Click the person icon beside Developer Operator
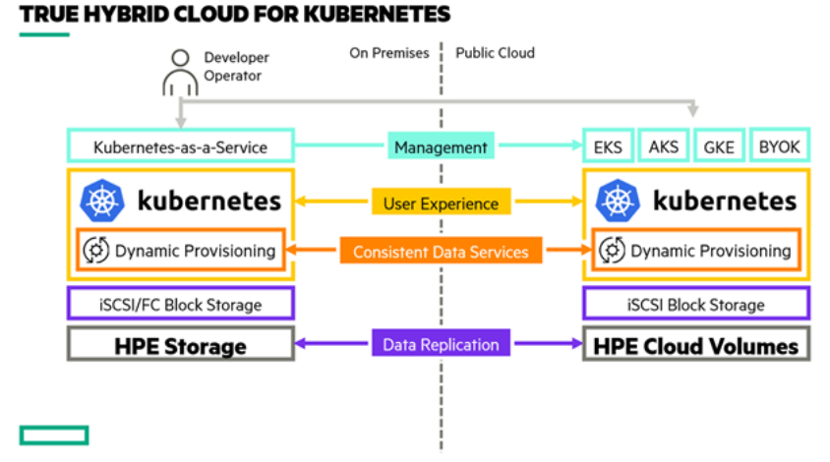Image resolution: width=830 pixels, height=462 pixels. [x=179, y=70]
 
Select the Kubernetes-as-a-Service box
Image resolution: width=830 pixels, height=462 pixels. [x=180, y=147]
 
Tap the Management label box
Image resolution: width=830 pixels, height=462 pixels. [x=441, y=147]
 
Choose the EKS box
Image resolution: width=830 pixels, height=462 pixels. [x=607, y=147]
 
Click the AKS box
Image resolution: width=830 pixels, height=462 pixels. [x=664, y=147]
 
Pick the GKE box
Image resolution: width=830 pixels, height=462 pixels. [x=719, y=147]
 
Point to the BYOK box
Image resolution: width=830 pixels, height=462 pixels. [x=780, y=147]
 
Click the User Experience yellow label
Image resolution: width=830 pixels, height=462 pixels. [x=441, y=203]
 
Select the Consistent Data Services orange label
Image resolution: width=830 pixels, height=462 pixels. [x=441, y=252]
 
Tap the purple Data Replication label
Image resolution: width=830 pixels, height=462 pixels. [x=441, y=344]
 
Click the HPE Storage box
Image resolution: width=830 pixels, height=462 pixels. [x=180, y=345]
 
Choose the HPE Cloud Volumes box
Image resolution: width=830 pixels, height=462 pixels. [x=696, y=345]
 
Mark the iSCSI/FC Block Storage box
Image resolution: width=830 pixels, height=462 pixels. [x=180, y=304]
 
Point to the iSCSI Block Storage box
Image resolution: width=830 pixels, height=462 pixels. [x=696, y=304]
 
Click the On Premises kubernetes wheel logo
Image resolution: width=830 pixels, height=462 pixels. [x=101, y=202]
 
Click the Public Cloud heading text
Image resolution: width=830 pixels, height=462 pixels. [x=496, y=53]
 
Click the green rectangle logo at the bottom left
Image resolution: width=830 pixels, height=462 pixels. [x=53, y=434]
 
